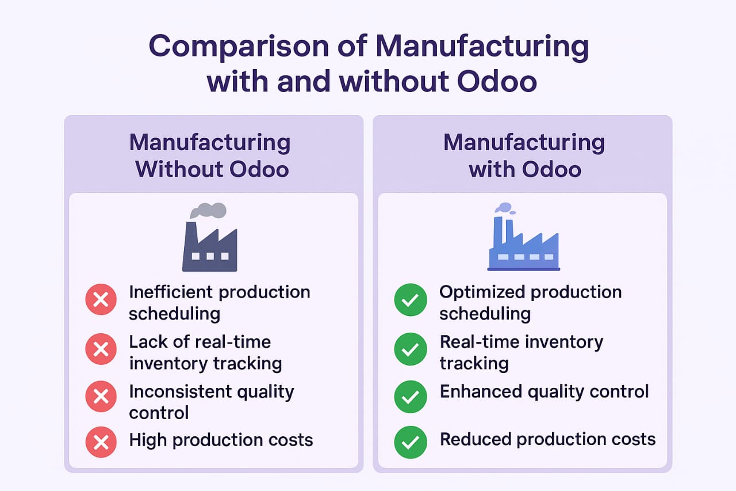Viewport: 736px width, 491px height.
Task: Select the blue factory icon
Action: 524,243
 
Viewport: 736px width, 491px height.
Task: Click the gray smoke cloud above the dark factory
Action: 208,210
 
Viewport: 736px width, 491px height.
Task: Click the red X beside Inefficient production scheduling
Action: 101,299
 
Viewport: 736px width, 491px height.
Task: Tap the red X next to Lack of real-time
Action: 101,349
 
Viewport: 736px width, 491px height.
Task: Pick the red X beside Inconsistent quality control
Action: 101,396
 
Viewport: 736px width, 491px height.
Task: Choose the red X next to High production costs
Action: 101,442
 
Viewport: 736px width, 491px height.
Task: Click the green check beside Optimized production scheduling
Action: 411,299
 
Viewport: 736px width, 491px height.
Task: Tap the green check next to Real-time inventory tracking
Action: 411,349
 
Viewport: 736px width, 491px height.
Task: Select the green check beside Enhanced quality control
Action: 411,397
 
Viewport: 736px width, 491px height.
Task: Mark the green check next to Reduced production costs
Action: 411,442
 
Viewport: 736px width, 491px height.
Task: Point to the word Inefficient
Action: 171,292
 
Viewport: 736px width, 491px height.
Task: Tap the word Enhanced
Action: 481,391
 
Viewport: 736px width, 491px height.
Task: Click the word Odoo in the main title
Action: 497,82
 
